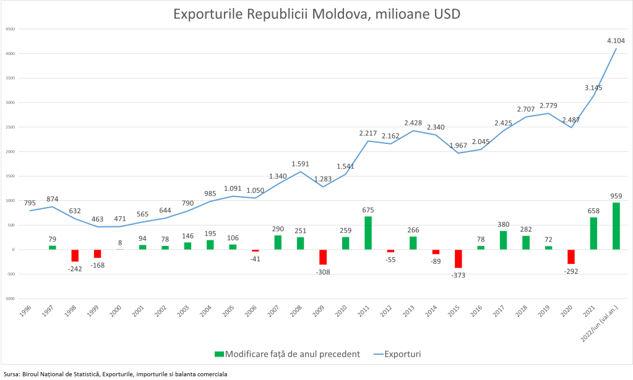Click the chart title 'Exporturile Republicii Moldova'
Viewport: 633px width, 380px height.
(x=317, y=14)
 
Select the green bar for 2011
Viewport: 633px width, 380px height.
(x=368, y=233)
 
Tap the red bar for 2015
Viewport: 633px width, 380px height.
(x=459, y=259)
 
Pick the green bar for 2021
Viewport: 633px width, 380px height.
(x=593, y=234)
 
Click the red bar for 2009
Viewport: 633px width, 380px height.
(x=323, y=257)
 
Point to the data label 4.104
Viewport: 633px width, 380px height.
(x=616, y=41)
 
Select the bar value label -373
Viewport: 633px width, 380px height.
(x=459, y=275)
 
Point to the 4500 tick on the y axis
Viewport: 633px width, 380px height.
(x=11, y=29)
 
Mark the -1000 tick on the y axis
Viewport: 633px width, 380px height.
(x=10, y=298)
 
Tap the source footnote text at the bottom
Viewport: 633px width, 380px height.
(x=115, y=374)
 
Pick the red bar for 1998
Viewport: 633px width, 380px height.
(x=75, y=256)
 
